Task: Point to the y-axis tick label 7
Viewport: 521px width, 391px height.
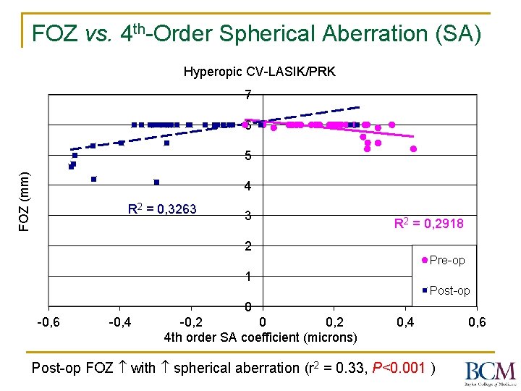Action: tap(247, 95)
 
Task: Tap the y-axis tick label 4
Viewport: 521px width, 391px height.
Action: tap(247, 186)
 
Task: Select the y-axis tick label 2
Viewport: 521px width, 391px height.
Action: tap(247, 246)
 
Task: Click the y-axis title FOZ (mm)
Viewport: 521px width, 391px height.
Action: tap(25, 201)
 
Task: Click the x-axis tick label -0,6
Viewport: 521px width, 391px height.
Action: tap(48, 321)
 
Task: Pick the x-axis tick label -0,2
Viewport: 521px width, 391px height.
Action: tap(191, 321)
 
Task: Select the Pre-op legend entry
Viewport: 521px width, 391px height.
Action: tap(443, 260)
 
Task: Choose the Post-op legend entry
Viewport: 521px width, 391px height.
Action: tap(445, 290)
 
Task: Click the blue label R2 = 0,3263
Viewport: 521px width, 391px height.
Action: tap(162, 209)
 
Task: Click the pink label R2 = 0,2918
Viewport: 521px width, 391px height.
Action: tap(428, 224)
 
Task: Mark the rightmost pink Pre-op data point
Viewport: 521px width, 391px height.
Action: tap(413, 148)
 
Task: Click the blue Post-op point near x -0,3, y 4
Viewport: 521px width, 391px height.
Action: tap(156, 182)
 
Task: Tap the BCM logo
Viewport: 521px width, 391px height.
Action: tap(491, 372)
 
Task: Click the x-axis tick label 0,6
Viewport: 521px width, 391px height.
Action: tap(476, 321)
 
